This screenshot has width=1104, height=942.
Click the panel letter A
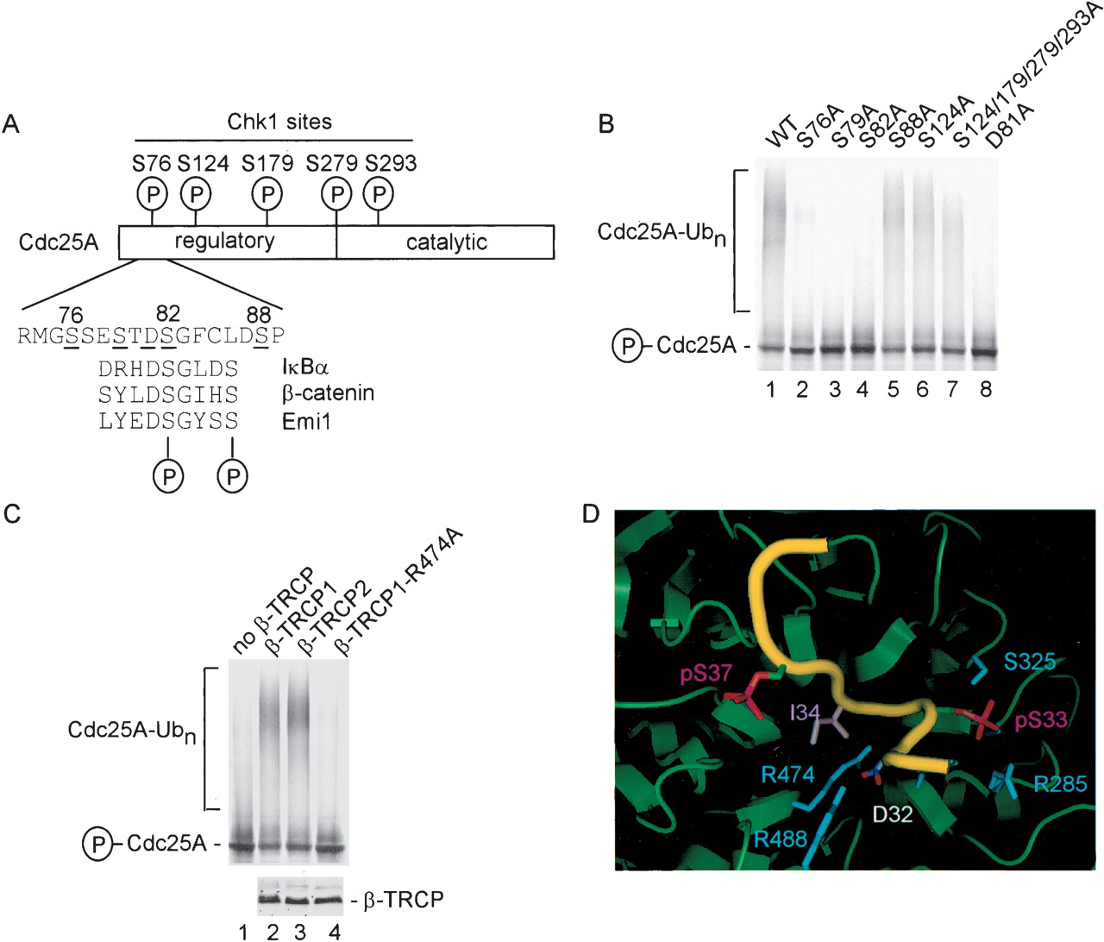pos(10,124)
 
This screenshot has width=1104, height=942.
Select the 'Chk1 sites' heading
pos(279,122)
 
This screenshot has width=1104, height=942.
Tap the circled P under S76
pos(152,194)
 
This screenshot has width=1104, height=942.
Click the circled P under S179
pos(267,194)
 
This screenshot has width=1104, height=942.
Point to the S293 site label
pos(391,163)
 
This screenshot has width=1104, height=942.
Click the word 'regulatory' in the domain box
pos(224,241)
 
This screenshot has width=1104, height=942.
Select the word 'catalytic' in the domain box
pos(446,242)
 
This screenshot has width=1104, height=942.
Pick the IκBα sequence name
pos(305,367)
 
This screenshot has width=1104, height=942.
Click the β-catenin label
pos(328,393)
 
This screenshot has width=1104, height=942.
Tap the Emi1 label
pos(306,421)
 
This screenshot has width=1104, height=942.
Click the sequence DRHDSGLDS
pos(168,368)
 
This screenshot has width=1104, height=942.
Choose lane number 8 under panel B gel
pos(985,390)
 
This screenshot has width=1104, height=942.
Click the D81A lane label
pos(1010,127)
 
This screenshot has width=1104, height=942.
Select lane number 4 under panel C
pos(335,931)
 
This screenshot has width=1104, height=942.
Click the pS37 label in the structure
pos(706,673)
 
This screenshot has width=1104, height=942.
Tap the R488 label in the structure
pos(781,838)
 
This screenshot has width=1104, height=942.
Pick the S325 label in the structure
pos(1030,662)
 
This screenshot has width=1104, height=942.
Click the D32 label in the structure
pos(892,813)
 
